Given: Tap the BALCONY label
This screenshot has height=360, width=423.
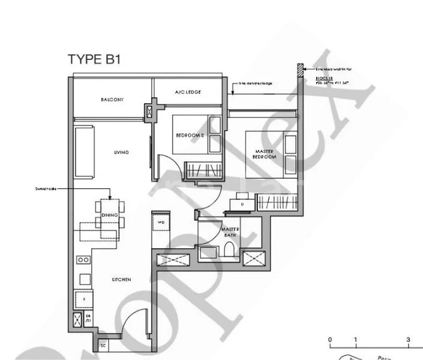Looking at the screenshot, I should pyautogui.click(x=112, y=100).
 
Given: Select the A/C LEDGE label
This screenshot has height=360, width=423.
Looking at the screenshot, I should pyautogui.click(x=188, y=92).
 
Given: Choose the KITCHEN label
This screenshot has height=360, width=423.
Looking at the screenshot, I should pyautogui.click(x=121, y=280).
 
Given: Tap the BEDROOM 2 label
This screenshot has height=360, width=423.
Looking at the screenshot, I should pyautogui.click(x=190, y=136).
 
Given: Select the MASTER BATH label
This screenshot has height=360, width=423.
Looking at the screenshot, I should pyautogui.click(x=230, y=232).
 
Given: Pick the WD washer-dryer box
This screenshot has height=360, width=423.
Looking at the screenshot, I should pyautogui.click(x=161, y=223).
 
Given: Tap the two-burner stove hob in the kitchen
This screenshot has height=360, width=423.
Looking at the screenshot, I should pyautogui.click(x=83, y=260).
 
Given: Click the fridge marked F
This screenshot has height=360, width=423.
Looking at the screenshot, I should pyautogui.click(x=83, y=298).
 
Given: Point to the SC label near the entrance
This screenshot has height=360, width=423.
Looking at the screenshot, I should pyautogui.click(x=103, y=346).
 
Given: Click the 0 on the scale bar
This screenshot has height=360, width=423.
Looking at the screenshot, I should pyautogui.click(x=330, y=340).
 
